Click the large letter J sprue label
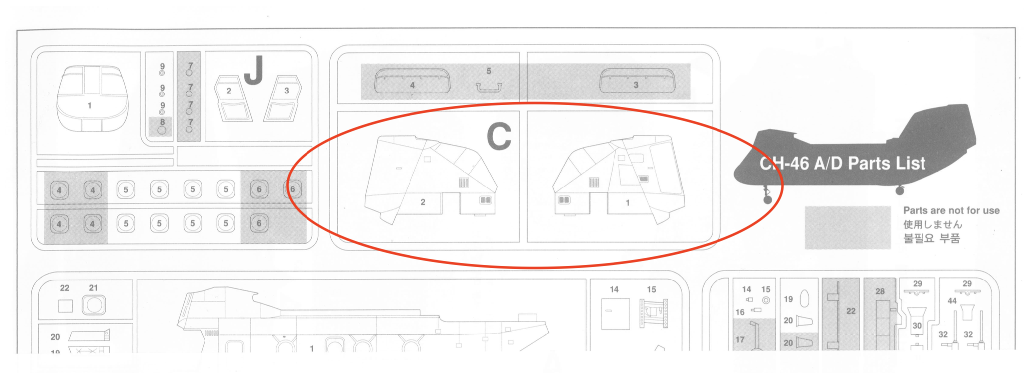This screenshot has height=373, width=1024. click(x=254, y=70)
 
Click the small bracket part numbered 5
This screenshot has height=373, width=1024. click(x=489, y=88)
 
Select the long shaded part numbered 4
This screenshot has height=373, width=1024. click(x=412, y=81)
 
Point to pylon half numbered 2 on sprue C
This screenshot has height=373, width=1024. click(x=430, y=180)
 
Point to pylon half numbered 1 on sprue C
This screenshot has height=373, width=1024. click(x=619, y=180)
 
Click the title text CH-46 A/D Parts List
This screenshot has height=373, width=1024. click(x=842, y=163)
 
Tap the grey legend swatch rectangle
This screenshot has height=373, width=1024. click(x=847, y=227)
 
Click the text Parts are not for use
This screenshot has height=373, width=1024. click(x=951, y=210)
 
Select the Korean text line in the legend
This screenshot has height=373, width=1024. click(x=931, y=239)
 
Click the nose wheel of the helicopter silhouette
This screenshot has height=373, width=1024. click(x=768, y=199)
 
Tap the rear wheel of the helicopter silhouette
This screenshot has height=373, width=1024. click(x=900, y=190)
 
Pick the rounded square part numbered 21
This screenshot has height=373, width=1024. click(x=94, y=305)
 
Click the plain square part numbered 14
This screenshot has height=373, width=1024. click(x=615, y=314)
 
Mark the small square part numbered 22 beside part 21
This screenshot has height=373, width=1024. click(x=65, y=306)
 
